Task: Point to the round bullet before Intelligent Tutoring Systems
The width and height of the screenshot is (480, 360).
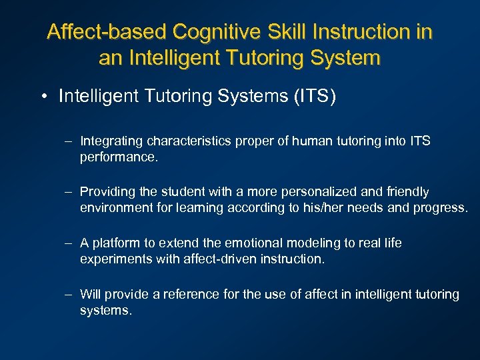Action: coord(43,97)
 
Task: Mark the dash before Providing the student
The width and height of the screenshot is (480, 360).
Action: coord(69,192)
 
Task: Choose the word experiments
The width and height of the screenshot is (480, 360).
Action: coord(113,258)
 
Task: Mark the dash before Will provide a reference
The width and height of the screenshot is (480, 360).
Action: coord(69,294)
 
